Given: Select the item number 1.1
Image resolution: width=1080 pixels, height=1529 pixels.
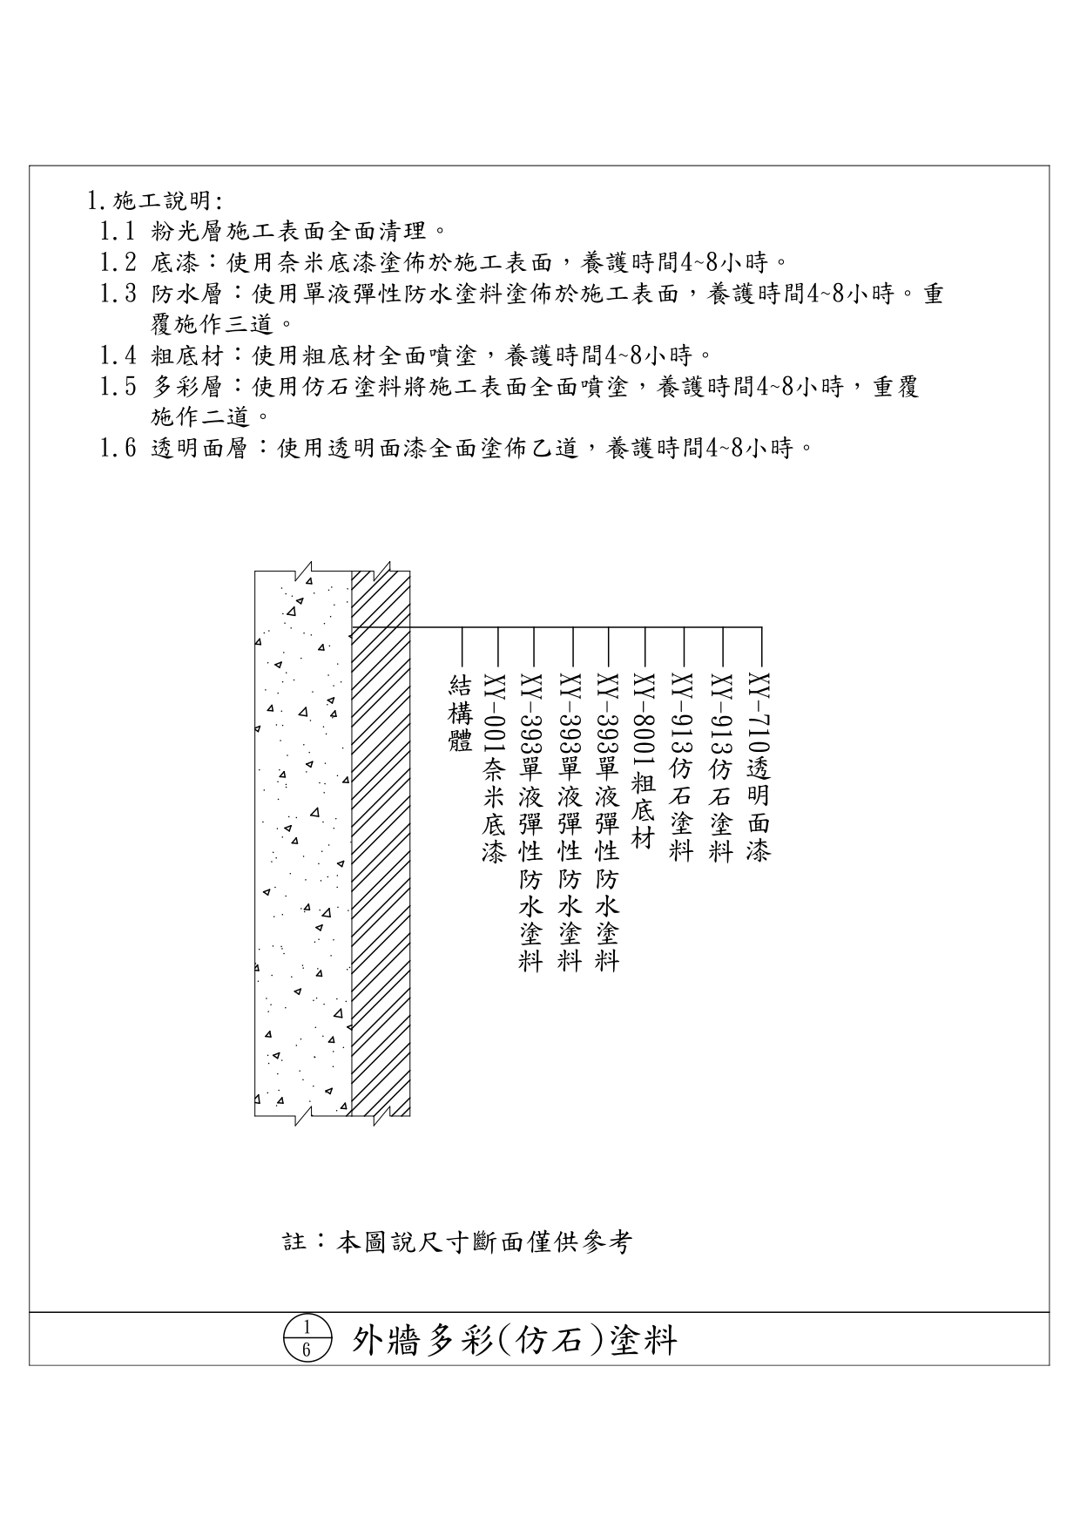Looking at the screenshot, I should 118,232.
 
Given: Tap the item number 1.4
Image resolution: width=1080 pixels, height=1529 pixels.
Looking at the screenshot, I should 118,355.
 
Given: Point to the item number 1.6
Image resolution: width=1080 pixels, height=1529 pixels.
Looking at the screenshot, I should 118,449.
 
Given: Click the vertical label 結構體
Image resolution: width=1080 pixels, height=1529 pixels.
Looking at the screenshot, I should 460,713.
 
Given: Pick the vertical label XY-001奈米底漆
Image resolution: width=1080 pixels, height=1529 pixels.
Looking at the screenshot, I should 495,767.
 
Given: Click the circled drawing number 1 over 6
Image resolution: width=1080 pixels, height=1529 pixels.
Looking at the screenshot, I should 307,1338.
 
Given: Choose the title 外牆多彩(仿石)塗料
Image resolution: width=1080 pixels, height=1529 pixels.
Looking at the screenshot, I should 514,1340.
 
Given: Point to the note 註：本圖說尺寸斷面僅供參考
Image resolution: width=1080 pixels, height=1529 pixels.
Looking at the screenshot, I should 457,1241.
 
